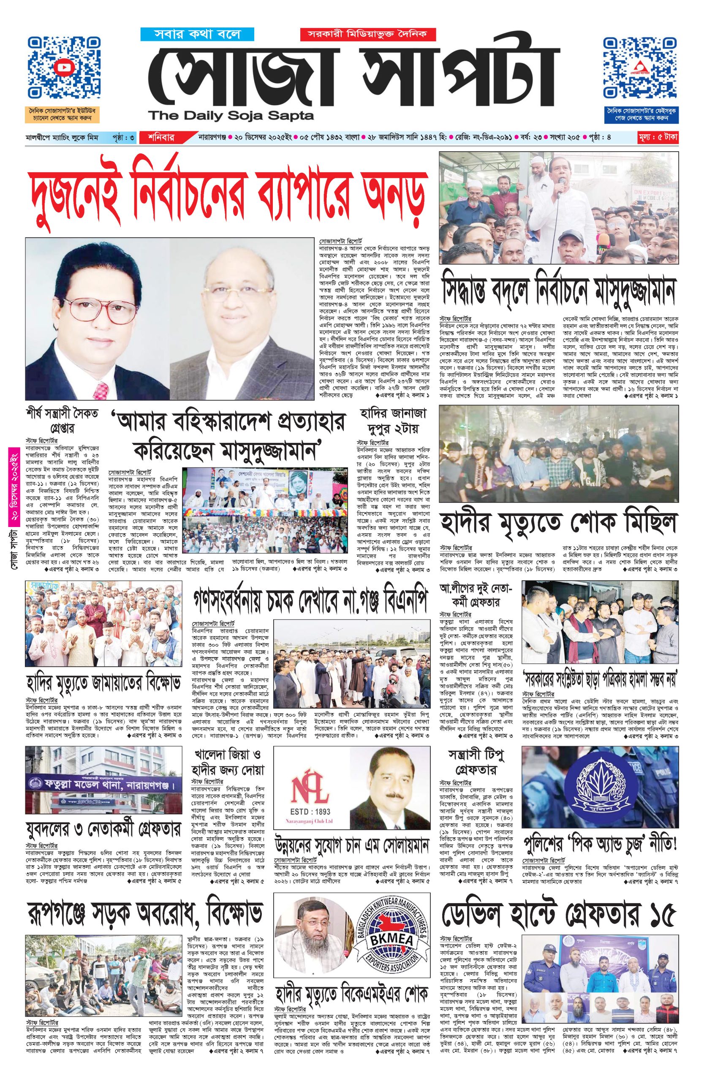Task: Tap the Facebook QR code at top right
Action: (640, 68)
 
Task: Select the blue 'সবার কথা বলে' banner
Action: (190, 34)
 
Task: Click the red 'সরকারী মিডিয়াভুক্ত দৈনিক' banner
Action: (367, 34)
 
